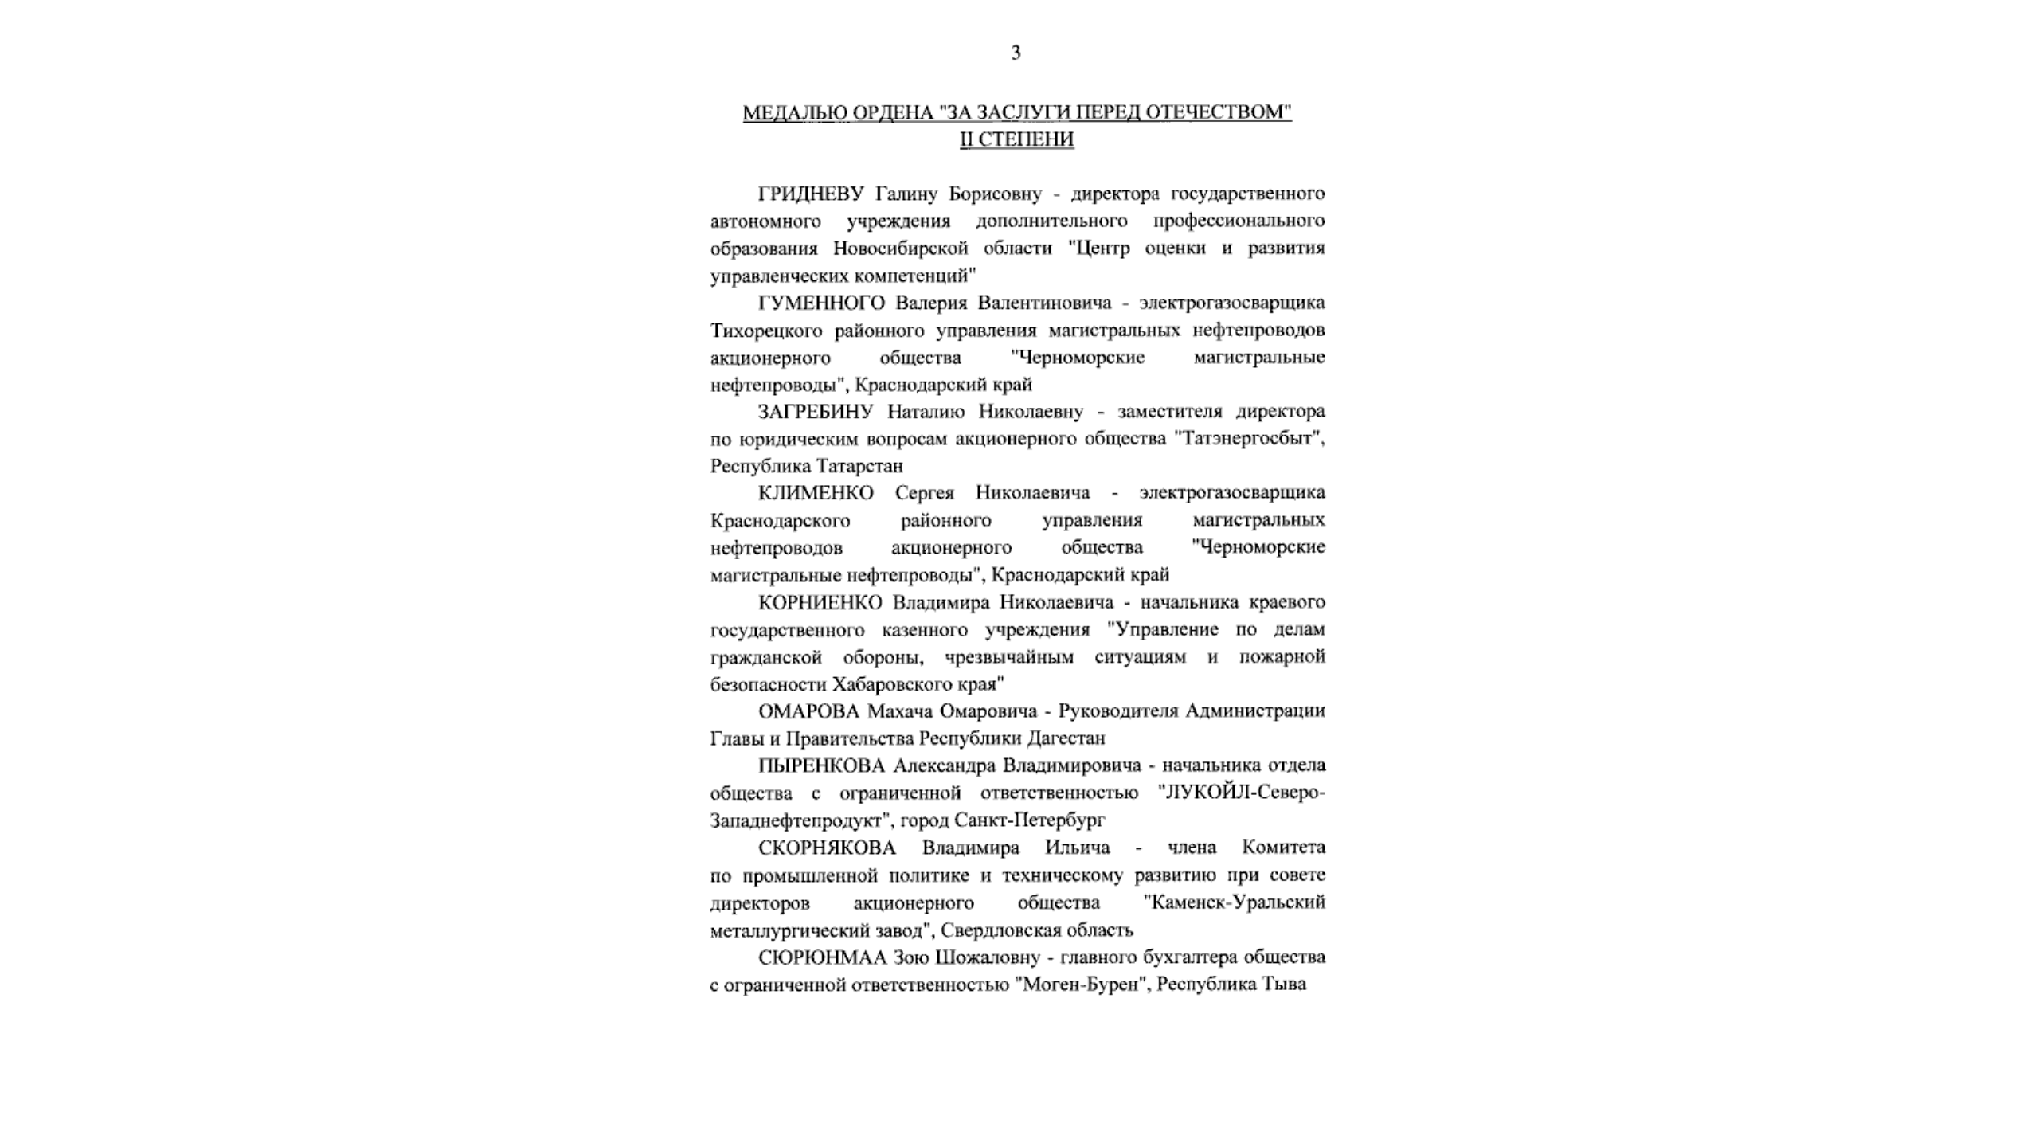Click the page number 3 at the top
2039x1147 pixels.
pos(1016,53)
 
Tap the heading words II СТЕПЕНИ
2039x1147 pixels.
pos(1016,139)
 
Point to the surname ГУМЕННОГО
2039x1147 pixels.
pos(821,303)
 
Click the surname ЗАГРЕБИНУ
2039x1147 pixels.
pos(816,412)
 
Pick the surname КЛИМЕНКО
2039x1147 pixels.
pos(816,493)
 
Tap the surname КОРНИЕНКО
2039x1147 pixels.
pos(820,602)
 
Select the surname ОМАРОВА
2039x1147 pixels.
pos(808,711)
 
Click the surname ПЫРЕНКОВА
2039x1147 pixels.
pos(821,765)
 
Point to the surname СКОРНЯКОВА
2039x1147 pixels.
pos(827,848)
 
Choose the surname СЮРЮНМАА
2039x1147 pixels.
pos(822,957)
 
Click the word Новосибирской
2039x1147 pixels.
pos(901,249)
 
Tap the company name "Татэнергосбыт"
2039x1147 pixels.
pos(1249,439)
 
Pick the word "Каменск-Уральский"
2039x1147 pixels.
pos(1234,902)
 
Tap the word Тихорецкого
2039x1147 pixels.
pos(767,331)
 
